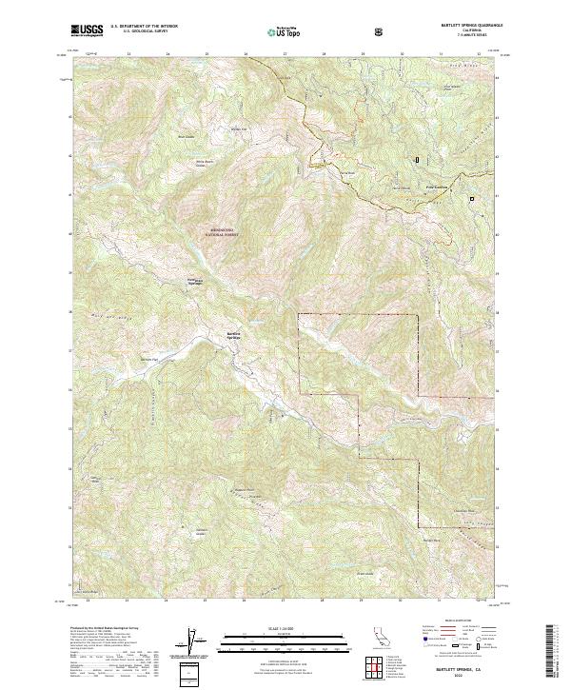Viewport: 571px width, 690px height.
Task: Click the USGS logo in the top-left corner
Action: coord(87,30)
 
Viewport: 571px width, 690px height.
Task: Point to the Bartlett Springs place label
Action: coord(234,335)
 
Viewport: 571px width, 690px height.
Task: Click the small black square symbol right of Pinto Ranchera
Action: coord(471,198)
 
